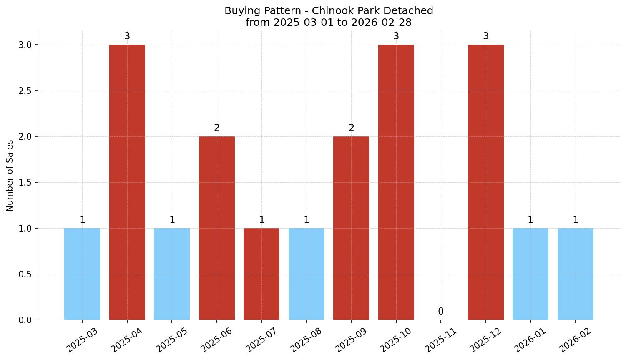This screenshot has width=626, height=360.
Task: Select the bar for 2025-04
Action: tap(127, 182)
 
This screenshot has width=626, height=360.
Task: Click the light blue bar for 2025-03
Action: tap(82, 274)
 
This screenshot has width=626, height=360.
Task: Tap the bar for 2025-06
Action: tap(217, 228)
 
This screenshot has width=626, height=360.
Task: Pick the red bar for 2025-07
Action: tap(261, 274)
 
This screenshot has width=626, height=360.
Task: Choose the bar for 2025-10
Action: tap(396, 182)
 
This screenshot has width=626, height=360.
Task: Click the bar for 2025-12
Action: tap(486, 182)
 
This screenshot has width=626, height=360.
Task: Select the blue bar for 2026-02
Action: tap(576, 274)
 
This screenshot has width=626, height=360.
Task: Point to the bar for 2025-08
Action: tap(307, 274)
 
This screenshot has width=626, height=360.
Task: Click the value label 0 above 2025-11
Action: tap(441, 312)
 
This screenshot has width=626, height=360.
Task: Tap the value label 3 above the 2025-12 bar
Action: tap(486, 36)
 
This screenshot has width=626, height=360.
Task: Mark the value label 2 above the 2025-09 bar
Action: tap(352, 128)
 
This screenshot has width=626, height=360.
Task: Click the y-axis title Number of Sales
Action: tap(10, 176)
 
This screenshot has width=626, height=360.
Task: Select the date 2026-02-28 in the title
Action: tap(382, 23)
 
